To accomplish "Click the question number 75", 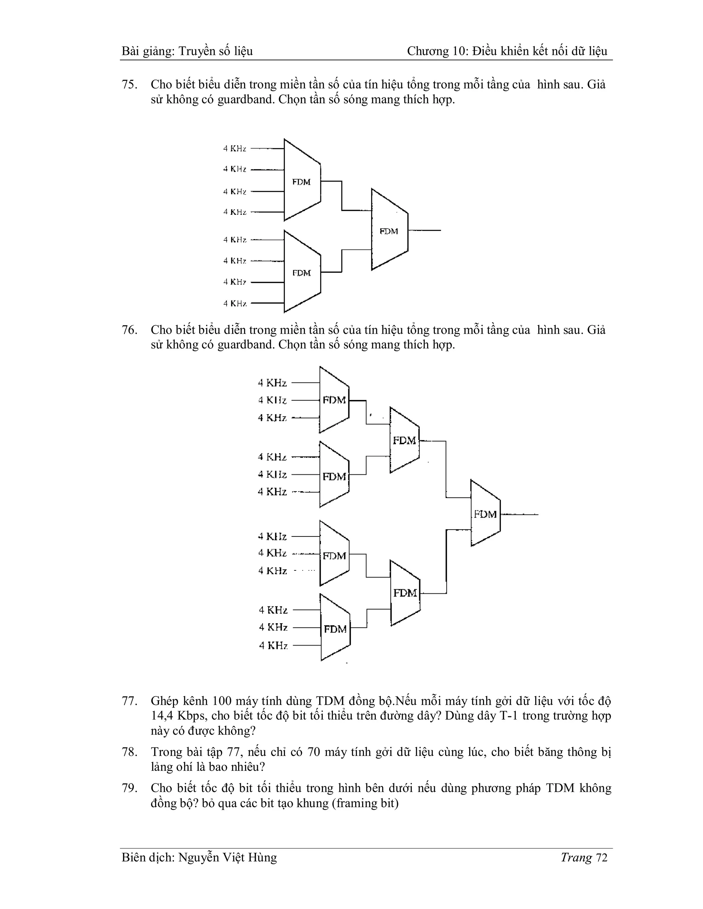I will tap(129, 85).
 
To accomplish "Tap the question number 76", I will tap(129, 330).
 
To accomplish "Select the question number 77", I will tap(129, 701).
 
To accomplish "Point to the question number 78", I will tap(129, 752).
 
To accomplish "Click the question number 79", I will tap(129, 788).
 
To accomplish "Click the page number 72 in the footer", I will tap(602, 858).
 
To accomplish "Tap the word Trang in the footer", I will tap(576, 858).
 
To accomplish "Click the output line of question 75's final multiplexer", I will tap(425, 230).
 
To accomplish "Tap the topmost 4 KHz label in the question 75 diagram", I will tap(234, 149).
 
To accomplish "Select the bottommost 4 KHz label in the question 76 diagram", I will tap(273, 646).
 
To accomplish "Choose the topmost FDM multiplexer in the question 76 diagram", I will tap(334, 400).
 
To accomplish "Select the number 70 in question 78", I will tap(314, 752).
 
